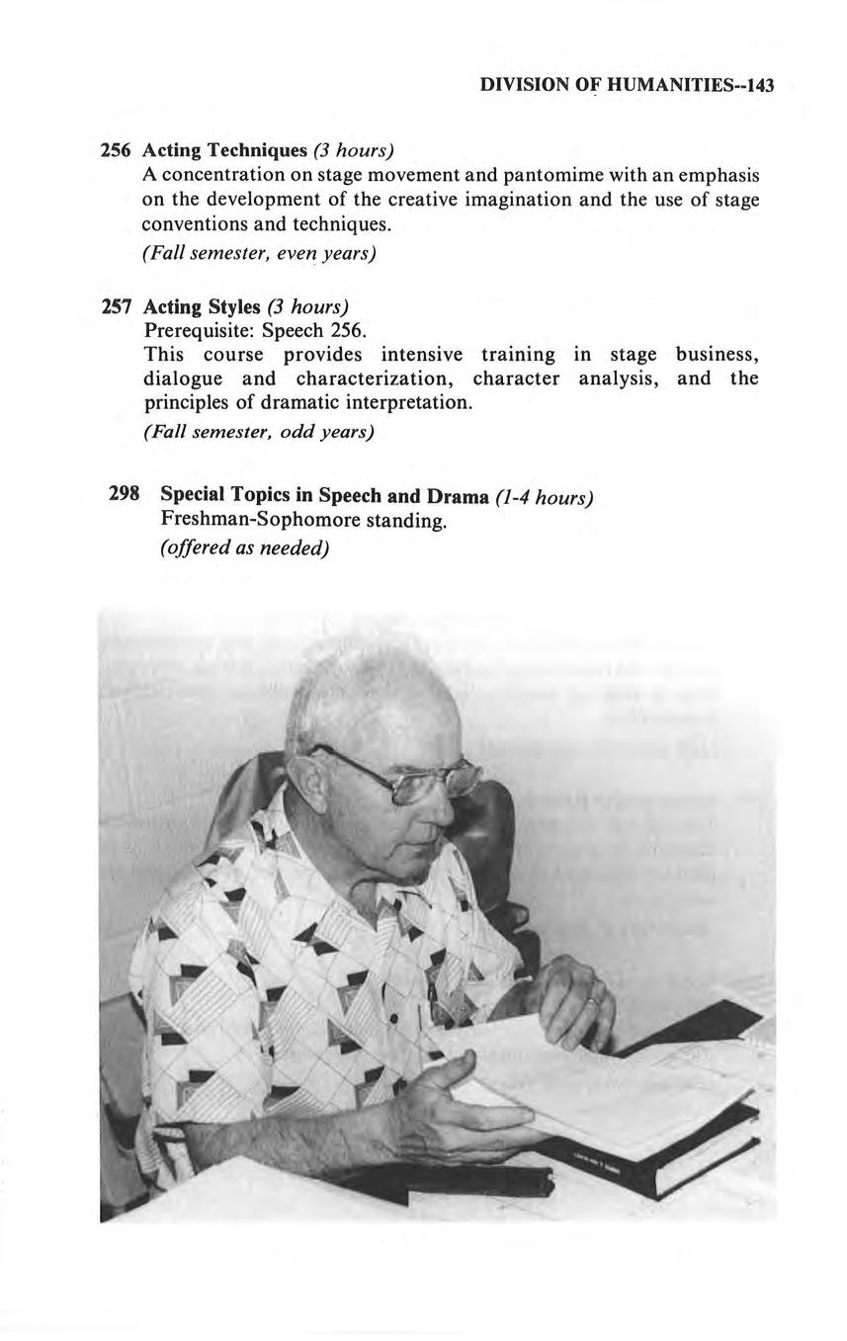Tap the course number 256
pyautogui.click(x=118, y=150)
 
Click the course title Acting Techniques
pyautogui.click(x=225, y=150)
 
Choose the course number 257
pyautogui.click(x=118, y=305)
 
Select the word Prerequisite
pyautogui.click(x=194, y=329)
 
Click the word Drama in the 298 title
pyautogui.click(x=458, y=495)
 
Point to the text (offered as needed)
pyautogui.click(x=244, y=547)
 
